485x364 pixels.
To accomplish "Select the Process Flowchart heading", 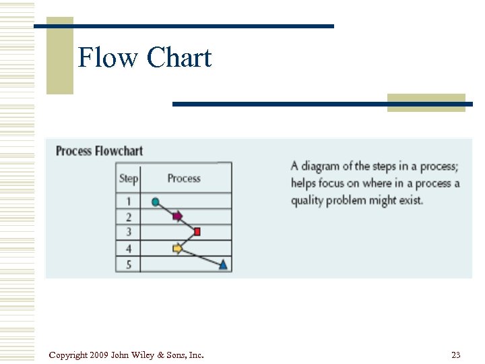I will pyautogui.click(x=99, y=151).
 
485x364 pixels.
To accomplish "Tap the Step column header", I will pyautogui.click(x=128, y=179).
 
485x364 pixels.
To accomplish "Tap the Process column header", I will pyautogui.click(x=184, y=179).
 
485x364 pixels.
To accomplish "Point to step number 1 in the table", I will pyautogui.click(x=128, y=202).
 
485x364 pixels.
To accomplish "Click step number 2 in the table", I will pyautogui.click(x=128, y=217).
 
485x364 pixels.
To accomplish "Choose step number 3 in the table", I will pyautogui.click(x=128, y=233).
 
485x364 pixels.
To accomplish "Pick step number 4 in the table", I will pyautogui.click(x=128, y=249).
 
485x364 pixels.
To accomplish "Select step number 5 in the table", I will pyautogui.click(x=128, y=264).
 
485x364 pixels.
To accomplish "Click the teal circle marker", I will pyautogui.click(x=156, y=202).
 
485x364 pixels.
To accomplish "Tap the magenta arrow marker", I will pyautogui.click(x=177, y=216).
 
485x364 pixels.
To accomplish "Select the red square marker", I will pyautogui.click(x=197, y=232).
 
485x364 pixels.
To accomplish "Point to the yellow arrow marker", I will pyautogui.click(x=177, y=249).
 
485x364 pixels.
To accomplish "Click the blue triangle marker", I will pyautogui.click(x=224, y=264).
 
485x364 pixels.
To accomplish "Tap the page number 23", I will pyautogui.click(x=456, y=355).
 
